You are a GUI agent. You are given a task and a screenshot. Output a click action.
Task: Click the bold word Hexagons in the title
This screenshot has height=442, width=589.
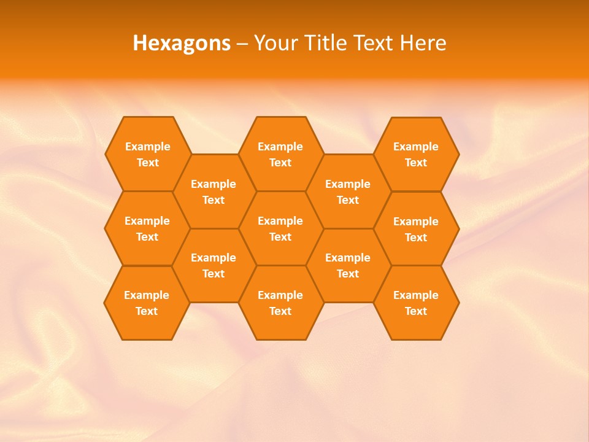(182, 43)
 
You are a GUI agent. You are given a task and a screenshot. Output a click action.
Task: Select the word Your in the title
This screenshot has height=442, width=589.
(276, 43)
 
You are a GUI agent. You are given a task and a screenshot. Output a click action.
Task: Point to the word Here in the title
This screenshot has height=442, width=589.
(423, 43)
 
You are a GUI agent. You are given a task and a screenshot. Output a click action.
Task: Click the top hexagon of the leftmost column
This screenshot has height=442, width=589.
(147, 154)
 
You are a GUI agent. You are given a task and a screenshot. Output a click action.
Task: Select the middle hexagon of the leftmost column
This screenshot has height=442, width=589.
(147, 228)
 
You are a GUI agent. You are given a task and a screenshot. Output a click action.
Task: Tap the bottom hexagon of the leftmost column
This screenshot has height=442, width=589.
(147, 303)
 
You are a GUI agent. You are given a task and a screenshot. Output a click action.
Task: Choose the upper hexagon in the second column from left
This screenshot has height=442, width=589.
(214, 192)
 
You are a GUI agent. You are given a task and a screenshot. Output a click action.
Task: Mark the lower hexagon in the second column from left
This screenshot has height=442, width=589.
(214, 265)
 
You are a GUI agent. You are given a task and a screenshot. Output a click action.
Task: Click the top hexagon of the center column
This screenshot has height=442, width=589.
(280, 154)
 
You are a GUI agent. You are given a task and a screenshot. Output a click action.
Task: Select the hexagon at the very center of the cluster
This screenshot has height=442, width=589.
(280, 228)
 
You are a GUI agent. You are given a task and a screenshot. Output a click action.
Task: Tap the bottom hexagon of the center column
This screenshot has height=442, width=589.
(280, 303)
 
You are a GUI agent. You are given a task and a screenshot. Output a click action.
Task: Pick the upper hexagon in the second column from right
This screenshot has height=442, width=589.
(348, 192)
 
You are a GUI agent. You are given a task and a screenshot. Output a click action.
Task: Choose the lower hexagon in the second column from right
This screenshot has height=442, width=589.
(348, 265)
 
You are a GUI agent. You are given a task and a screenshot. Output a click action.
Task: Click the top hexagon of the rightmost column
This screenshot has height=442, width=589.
(416, 154)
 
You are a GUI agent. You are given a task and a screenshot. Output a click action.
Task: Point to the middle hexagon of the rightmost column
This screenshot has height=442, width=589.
(416, 229)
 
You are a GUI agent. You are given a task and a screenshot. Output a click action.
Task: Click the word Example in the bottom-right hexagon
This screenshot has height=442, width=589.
(416, 295)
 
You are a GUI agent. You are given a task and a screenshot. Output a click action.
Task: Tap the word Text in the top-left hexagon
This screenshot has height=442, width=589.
(148, 163)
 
